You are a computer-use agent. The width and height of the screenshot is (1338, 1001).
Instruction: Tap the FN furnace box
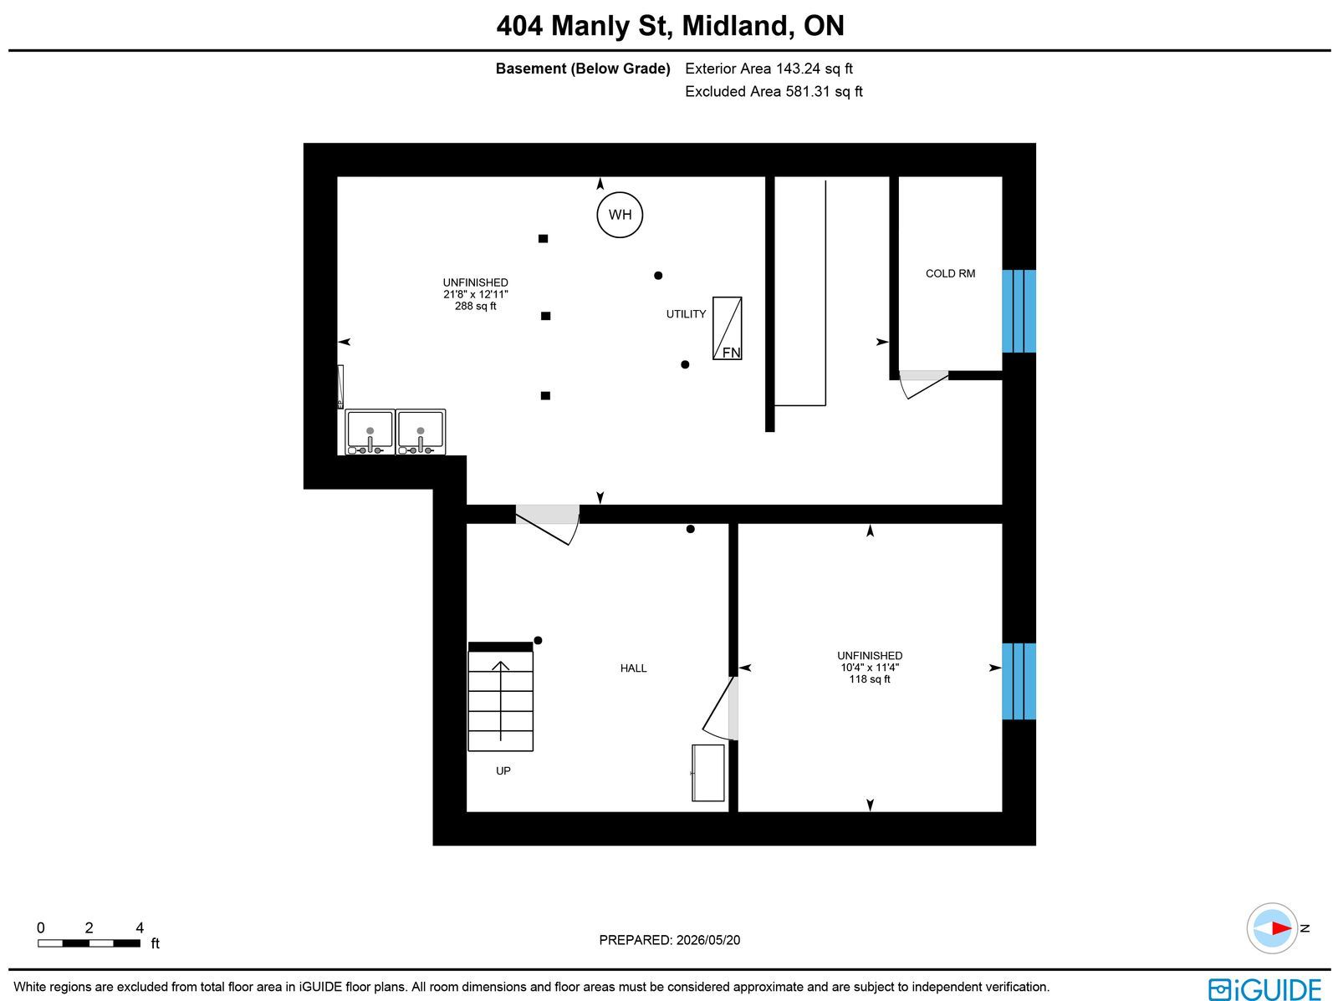[x=728, y=328]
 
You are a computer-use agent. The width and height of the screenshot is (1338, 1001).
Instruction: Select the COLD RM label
[x=950, y=274]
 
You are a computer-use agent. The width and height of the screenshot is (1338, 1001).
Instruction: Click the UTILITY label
[x=686, y=314]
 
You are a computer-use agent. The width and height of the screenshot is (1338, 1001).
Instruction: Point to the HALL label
[x=633, y=668]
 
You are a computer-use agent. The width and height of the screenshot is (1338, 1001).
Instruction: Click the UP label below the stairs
[x=503, y=771]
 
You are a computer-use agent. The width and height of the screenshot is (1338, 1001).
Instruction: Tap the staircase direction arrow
[x=500, y=701]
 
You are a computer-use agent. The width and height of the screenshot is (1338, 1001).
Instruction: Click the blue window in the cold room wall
[x=1019, y=311]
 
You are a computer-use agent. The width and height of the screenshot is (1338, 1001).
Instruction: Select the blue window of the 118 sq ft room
[x=1019, y=681]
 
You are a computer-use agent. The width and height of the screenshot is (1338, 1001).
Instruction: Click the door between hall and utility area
[x=548, y=524]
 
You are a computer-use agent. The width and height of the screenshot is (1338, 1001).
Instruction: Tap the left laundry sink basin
[x=370, y=432]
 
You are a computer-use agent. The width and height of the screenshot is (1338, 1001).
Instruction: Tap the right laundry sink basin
[x=421, y=432]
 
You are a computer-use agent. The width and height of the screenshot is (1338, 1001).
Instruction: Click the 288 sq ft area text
[x=476, y=307]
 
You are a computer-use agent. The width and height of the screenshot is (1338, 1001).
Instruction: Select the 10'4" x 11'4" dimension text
[x=870, y=668]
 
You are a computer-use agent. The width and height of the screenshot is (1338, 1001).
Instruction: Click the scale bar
[x=89, y=943]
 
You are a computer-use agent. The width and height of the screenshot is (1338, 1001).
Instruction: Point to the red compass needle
[x=1281, y=928]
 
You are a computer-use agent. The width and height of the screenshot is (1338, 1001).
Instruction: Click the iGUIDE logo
[x=1265, y=988]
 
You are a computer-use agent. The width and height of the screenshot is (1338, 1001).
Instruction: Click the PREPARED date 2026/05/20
[x=708, y=940]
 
